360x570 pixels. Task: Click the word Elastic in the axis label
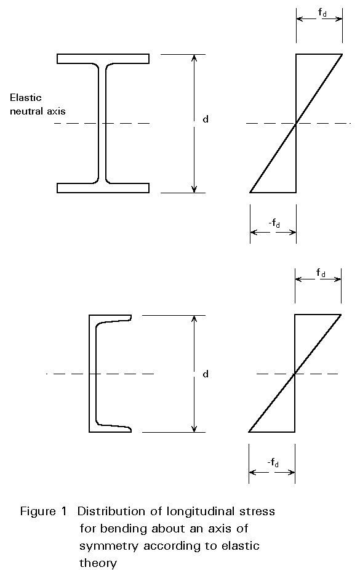[x=25, y=97]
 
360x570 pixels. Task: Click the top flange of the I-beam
[x=103, y=58]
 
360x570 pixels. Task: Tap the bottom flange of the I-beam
[x=103, y=188]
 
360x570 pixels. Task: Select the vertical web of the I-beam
[x=102, y=123]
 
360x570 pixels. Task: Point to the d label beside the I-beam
[x=206, y=119]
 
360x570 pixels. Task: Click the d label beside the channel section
[x=206, y=374]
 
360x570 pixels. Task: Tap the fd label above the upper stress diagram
[x=322, y=13]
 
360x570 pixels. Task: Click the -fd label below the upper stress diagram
[x=274, y=223]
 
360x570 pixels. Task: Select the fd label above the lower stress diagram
[x=321, y=273]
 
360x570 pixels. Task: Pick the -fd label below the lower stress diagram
[x=273, y=463]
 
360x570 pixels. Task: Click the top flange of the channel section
[x=110, y=318]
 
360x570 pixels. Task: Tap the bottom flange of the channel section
[x=110, y=428]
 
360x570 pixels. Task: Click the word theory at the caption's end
[x=98, y=563]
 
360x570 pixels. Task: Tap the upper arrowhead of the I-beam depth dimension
[x=194, y=58]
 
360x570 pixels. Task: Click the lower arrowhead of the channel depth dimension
[x=194, y=429]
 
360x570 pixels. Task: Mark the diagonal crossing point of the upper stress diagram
[x=296, y=123]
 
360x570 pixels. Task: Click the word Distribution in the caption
[x=111, y=512]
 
